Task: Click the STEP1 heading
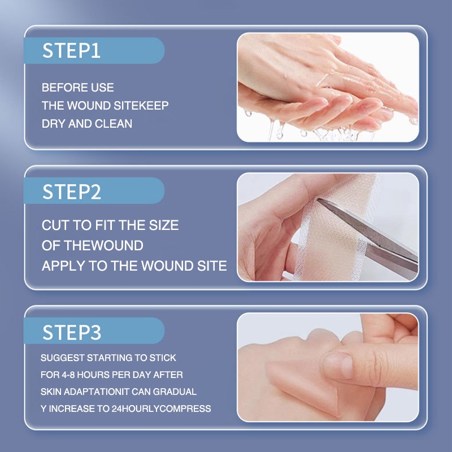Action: click(72, 51)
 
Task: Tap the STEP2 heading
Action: click(72, 192)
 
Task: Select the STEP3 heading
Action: click(72, 332)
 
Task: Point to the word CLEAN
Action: click(114, 124)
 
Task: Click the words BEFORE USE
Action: click(78, 88)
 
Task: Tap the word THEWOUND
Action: click(103, 246)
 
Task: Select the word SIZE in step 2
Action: click(164, 225)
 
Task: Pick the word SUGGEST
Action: click(63, 358)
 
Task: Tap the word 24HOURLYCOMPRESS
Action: click(162, 408)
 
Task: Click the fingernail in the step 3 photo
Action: click(338, 366)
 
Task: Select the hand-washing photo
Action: click(328, 87)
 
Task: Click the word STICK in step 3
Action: click(163, 358)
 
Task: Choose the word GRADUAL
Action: click(175, 392)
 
